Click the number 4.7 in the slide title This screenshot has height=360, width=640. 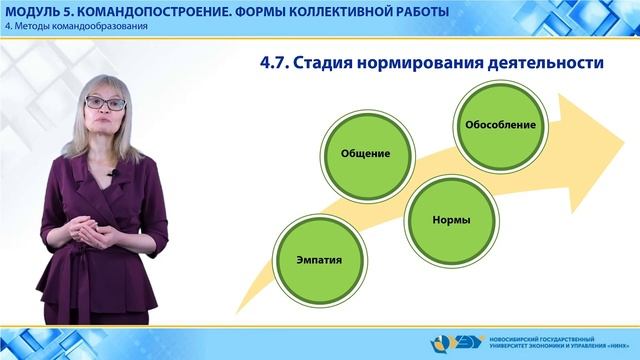point(273,64)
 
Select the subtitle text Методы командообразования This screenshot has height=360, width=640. point(84,26)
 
